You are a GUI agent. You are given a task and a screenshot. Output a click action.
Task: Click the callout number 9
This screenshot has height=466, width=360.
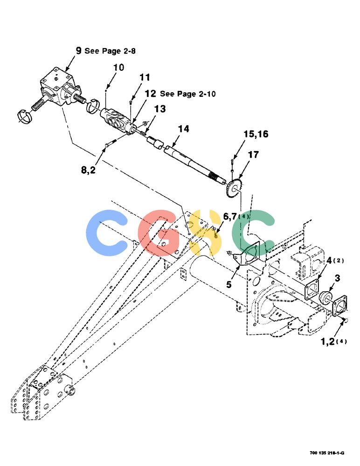78,50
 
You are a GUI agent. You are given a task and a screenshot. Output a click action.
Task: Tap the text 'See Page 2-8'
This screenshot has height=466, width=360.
110,51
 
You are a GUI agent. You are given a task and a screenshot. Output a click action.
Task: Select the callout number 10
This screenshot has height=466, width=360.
118,68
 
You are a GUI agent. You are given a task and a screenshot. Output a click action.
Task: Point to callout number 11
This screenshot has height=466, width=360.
145,77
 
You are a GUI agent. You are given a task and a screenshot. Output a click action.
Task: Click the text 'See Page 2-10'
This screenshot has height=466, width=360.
188,94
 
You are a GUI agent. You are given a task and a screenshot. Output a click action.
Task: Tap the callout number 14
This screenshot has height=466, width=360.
183,129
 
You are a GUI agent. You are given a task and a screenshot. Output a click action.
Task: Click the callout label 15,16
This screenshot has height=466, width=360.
256,134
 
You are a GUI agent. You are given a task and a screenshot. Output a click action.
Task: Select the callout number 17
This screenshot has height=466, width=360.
253,155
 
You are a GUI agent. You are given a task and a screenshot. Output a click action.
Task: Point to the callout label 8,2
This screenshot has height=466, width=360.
88,170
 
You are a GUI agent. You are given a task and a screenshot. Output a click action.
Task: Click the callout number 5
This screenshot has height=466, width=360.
228,284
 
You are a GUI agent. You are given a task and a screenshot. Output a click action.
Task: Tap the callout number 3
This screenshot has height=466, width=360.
337,278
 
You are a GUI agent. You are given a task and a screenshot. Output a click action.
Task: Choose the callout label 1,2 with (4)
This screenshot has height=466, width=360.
333,342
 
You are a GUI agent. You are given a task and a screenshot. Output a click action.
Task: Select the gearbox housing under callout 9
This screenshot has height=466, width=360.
60,87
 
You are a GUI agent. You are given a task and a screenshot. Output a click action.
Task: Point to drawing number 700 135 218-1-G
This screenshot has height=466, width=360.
327,453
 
